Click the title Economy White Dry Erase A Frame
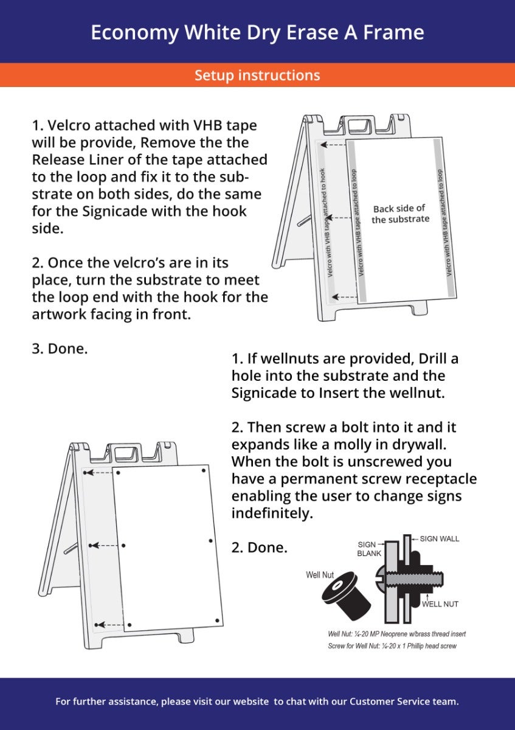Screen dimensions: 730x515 [257, 32]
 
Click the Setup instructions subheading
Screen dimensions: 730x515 [257, 75]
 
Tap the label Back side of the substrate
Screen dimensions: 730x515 [400, 214]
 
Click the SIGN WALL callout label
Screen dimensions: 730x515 [439, 539]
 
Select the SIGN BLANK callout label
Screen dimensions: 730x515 [368, 549]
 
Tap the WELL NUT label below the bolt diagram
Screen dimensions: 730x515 [440, 604]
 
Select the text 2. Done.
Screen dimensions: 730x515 [259, 547]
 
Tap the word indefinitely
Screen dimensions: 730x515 [272, 513]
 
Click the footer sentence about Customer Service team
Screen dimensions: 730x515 [257, 701]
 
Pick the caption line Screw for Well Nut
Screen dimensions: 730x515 [392, 645]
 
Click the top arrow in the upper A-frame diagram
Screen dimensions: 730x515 [333, 145]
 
